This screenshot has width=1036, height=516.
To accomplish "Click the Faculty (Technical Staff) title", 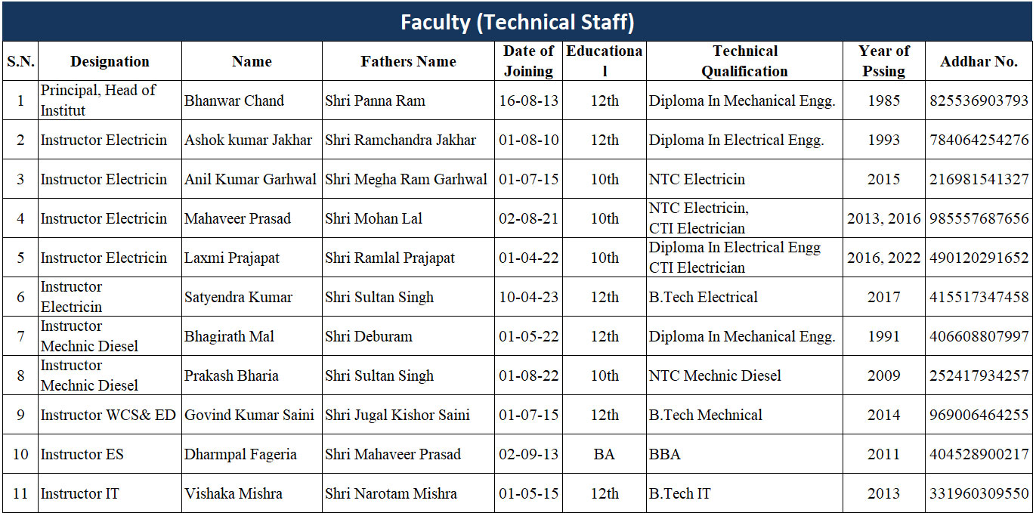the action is pyautogui.click(x=517, y=22).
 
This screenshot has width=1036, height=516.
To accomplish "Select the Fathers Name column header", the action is pyautogui.click(x=408, y=61).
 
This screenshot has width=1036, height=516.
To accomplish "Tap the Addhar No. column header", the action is pyautogui.click(x=979, y=61).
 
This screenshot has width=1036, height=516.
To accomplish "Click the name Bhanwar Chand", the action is pyautogui.click(x=234, y=100).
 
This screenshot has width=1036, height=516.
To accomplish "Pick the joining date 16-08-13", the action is pyautogui.click(x=528, y=100).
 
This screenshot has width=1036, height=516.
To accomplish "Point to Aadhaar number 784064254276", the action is pyautogui.click(x=979, y=140).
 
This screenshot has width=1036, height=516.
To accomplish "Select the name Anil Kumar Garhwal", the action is pyautogui.click(x=251, y=179).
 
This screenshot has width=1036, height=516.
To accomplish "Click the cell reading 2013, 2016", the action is pyautogui.click(x=883, y=218).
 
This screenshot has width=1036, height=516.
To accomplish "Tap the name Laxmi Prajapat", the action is pyautogui.click(x=232, y=258).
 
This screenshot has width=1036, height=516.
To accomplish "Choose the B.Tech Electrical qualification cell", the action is pyautogui.click(x=703, y=297).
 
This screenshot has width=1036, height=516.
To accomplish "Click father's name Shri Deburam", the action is pyautogui.click(x=369, y=336).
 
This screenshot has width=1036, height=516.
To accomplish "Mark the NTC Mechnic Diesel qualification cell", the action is pyautogui.click(x=715, y=375).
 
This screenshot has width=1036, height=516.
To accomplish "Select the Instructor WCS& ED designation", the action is pyautogui.click(x=108, y=415).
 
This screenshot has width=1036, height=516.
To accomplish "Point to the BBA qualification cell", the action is pyautogui.click(x=665, y=454).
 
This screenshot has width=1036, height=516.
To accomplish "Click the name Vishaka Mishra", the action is pyautogui.click(x=233, y=493).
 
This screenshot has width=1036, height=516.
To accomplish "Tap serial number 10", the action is pyautogui.click(x=20, y=454).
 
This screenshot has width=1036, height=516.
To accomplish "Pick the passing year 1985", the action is pyautogui.click(x=883, y=100).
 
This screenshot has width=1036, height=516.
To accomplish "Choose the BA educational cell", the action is pyautogui.click(x=604, y=454).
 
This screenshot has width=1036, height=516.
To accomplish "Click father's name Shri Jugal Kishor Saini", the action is pyautogui.click(x=397, y=415).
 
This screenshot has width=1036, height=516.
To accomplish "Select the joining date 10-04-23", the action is pyautogui.click(x=528, y=297).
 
